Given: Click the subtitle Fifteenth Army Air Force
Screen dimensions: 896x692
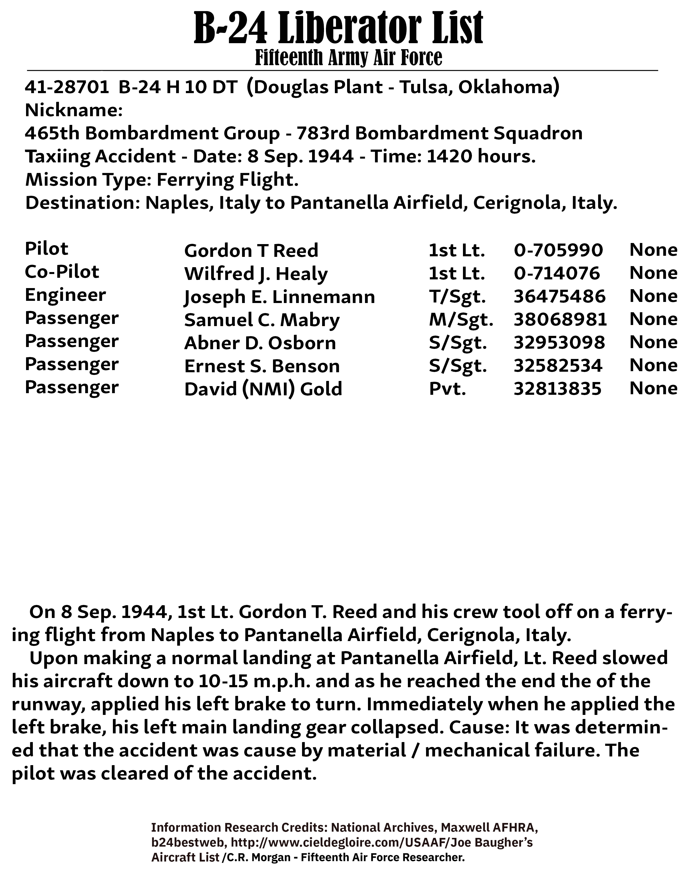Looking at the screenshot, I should [348, 58].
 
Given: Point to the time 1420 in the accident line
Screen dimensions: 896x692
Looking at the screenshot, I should [448, 156].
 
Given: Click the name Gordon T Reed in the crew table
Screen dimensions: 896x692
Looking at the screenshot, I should [251, 251].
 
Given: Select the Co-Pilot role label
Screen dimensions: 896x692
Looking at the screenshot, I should [62, 272].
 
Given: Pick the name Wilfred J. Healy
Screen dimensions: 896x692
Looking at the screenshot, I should [256, 274].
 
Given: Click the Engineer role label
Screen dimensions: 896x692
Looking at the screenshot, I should [65, 295].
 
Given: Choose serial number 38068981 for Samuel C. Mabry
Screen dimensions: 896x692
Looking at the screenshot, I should [560, 320].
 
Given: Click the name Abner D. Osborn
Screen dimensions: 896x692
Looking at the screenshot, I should [260, 343].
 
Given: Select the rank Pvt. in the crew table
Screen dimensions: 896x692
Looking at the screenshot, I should [447, 389].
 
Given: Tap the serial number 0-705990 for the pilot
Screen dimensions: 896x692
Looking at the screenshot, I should [558, 250].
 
